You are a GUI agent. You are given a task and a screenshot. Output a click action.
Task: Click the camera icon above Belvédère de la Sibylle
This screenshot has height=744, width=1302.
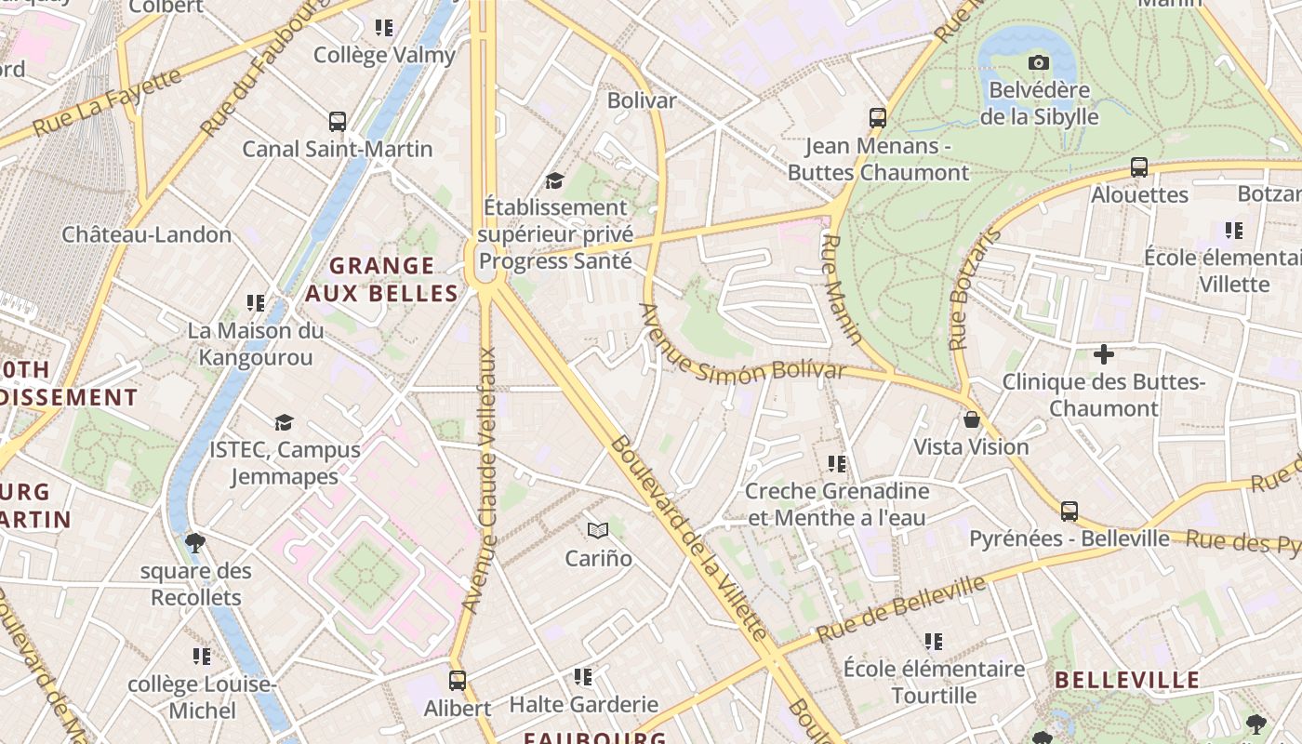(1039, 63)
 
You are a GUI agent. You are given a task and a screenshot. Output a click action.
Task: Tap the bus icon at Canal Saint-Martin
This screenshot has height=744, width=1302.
(338, 122)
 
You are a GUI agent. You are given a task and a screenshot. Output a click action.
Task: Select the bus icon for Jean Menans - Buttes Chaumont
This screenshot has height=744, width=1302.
(878, 118)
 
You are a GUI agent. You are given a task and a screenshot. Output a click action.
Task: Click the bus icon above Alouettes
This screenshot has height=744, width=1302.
(1139, 167)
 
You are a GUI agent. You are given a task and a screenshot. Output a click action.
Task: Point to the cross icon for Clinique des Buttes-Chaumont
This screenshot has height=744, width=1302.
(1104, 354)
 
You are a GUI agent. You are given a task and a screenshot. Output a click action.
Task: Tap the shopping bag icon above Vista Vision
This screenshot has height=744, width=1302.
(972, 419)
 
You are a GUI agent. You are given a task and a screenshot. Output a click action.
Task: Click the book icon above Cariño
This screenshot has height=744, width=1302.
(598, 531)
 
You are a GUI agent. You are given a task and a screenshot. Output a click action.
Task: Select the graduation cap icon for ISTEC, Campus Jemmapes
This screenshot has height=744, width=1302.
(284, 423)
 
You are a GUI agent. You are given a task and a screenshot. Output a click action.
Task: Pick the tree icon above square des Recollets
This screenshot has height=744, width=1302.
(195, 543)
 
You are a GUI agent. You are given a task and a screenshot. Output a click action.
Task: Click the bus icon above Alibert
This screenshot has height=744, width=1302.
(457, 681)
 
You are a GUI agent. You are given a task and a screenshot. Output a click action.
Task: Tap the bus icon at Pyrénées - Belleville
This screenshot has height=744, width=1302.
(1069, 511)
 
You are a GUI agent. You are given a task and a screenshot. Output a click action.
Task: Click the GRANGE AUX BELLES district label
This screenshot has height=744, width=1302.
(382, 280)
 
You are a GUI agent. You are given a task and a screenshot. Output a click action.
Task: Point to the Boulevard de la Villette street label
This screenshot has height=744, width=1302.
(689, 538)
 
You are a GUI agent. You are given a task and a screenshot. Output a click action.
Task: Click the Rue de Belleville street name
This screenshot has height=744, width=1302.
(900, 609)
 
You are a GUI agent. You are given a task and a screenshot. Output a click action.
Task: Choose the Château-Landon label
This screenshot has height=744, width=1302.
(147, 234)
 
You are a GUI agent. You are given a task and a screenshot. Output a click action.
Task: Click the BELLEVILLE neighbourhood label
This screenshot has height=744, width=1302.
(1127, 680)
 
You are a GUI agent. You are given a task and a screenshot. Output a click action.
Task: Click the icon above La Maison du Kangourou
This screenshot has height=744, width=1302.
(256, 303)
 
